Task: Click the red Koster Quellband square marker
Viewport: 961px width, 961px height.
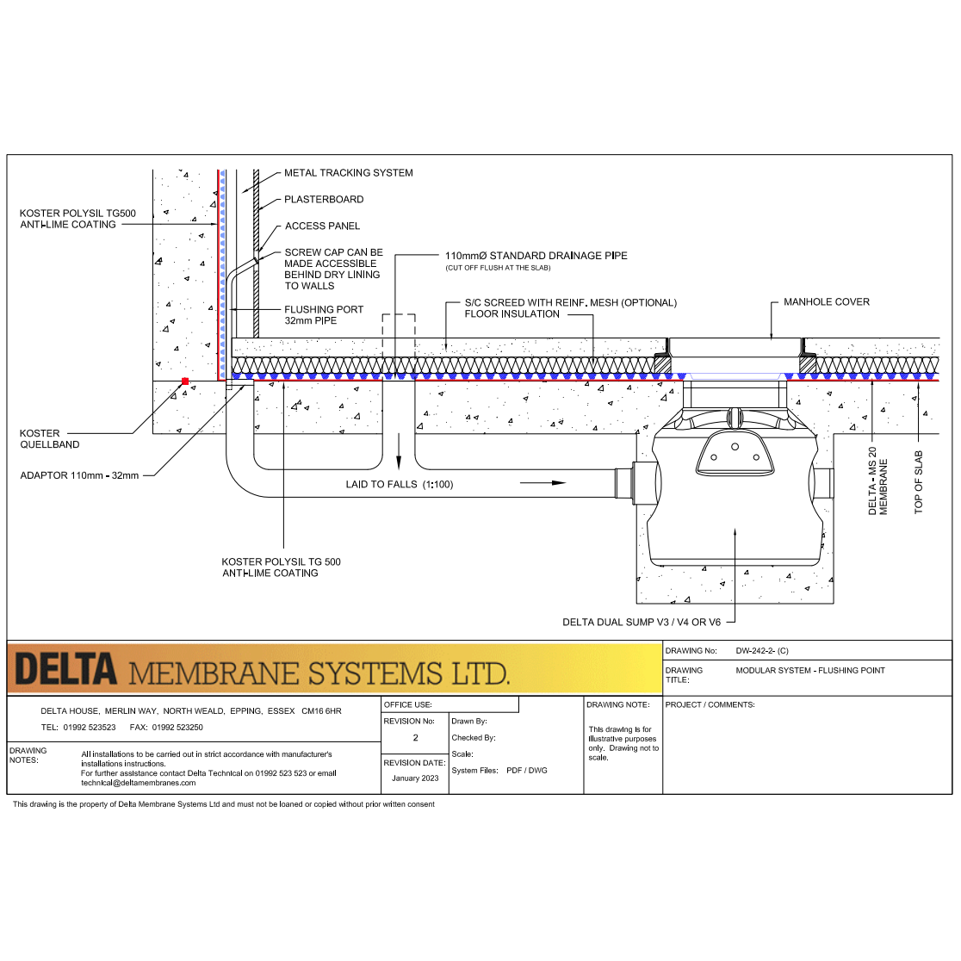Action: tap(185, 381)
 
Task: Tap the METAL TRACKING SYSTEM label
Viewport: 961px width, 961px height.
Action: tap(348, 173)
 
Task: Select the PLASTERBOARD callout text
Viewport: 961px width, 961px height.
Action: tap(324, 200)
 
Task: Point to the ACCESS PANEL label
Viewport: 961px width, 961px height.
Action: tap(322, 226)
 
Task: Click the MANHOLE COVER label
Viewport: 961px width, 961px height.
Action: tap(826, 302)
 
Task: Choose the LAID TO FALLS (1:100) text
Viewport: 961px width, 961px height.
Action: tap(399, 485)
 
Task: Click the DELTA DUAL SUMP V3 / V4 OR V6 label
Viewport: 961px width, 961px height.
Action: tap(642, 623)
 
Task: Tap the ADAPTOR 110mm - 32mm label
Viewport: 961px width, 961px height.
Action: tap(79, 475)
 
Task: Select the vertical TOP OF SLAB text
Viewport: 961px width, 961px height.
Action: tap(918, 482)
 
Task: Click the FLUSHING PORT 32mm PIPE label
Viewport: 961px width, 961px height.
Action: tap(324, 315)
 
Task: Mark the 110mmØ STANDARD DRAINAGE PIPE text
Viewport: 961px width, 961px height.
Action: tap(536, 256)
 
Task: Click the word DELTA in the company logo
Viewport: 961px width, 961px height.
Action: tap(65, 670)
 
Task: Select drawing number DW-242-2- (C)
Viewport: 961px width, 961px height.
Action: tap(762, 651)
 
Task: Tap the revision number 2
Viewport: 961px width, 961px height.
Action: tap(415, 738)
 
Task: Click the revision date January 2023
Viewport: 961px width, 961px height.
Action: tap(415, 778)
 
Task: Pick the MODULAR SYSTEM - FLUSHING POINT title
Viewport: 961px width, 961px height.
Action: tap(809, 671)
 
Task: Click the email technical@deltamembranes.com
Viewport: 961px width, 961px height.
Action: tap(138, 783)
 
